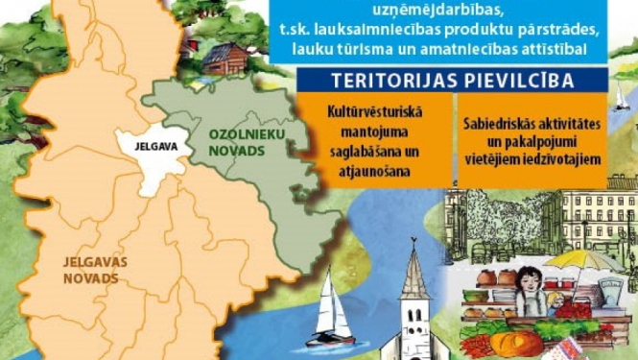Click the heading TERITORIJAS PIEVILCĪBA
pos(452,80)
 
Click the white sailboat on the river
pos(330,317)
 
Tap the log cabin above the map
pos(223,60)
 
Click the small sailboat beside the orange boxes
pos(622,95)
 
